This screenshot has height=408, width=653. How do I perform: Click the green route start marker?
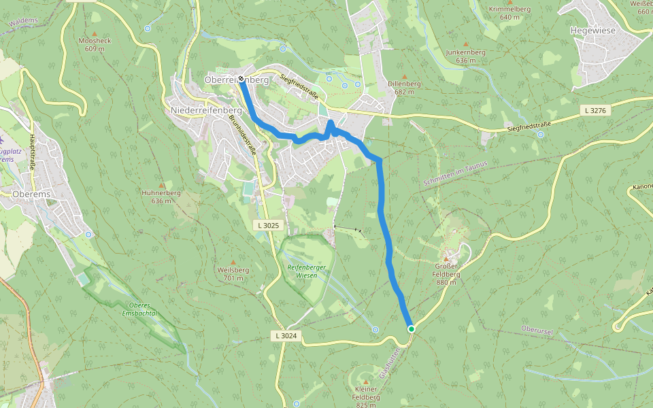(412, 329)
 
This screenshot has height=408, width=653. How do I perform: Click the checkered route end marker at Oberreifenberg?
(241, 79)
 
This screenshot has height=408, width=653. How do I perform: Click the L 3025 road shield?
(269, 224)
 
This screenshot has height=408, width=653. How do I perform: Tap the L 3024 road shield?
(286, 335)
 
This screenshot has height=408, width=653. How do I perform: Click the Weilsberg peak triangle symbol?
(233, 262)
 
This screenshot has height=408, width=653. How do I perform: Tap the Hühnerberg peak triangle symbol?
(161, 185)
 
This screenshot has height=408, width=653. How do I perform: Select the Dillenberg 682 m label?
(405, 88)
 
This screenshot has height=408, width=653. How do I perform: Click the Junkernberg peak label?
(465, 56)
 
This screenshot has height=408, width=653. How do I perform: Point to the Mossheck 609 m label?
(95, 44)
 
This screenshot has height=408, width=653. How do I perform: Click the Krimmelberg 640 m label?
(509, 13)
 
